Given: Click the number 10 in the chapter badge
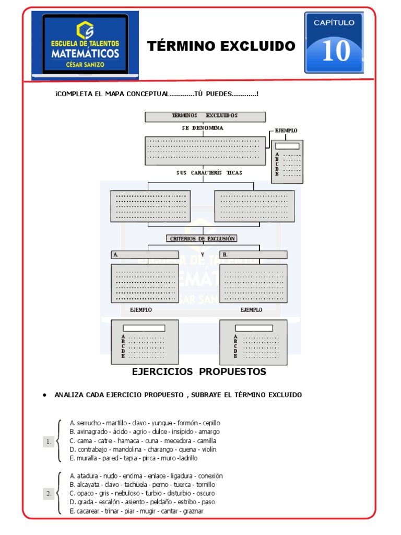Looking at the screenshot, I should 336,51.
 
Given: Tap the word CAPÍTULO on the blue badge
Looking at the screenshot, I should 334,22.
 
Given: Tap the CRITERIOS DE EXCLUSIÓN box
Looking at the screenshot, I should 202,239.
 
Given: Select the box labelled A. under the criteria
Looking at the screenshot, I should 144,255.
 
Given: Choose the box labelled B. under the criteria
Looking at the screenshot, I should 253,255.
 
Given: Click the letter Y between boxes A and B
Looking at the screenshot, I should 202,255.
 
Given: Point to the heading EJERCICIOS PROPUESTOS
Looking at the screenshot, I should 199,372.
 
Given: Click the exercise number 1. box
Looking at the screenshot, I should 49,442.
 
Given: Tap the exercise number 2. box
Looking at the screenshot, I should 49,493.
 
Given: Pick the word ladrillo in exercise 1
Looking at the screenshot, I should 187,458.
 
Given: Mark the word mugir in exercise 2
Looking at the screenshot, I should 145,511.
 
